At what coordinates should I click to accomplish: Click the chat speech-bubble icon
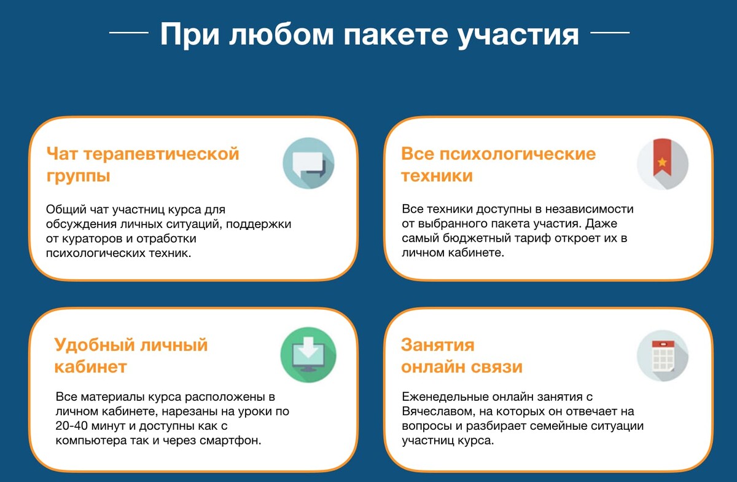[308, 163]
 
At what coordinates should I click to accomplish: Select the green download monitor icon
[308, 355]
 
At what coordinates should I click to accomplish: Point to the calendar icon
[663, 356]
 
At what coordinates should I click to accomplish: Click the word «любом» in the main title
[282, 34]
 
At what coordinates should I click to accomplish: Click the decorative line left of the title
[128, 33]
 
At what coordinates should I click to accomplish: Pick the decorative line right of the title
[610, 33]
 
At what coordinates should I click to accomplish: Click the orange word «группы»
[79, 176]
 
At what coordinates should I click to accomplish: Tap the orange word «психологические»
[518, 154]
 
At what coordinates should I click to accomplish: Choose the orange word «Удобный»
[95, 346]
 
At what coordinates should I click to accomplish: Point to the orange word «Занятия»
[437, 345]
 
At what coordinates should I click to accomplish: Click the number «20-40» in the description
[71, 425]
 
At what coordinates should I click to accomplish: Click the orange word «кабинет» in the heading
[90, 366]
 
